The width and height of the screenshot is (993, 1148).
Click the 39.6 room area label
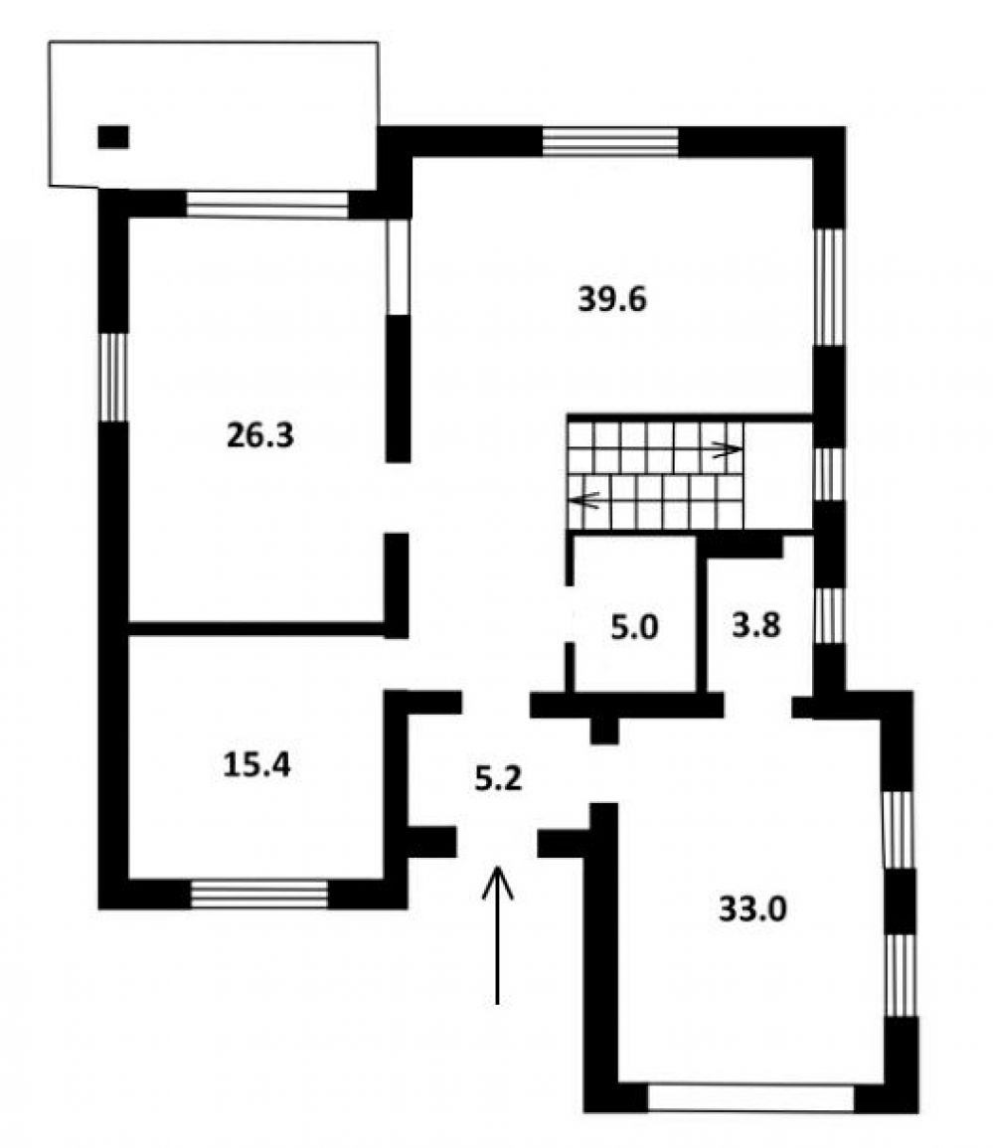(612, 299)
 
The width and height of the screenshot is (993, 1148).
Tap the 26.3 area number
(260, 435)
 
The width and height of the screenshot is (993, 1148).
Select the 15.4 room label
(256, 765)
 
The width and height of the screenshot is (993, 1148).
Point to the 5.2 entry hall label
(498, 779)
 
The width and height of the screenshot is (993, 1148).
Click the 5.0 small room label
(635, 627)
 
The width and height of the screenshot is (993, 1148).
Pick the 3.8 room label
(756, 626)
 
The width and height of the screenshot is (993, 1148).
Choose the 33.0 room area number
(752, 909)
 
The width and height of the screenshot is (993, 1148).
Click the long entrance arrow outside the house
(498, 935)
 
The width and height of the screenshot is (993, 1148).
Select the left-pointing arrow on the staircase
(588, 501)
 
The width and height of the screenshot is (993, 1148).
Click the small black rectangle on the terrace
(113, 137)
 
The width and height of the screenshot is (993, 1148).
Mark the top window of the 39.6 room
(610, 141)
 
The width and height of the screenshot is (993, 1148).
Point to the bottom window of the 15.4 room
(259, 894)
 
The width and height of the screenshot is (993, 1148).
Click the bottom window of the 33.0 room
(751, 1098)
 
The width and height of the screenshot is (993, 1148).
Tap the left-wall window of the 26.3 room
(113, 377)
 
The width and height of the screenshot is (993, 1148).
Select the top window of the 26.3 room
(266, 205)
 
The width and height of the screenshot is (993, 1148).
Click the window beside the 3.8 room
(830, 615)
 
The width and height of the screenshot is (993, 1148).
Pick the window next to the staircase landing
(830, 474)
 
